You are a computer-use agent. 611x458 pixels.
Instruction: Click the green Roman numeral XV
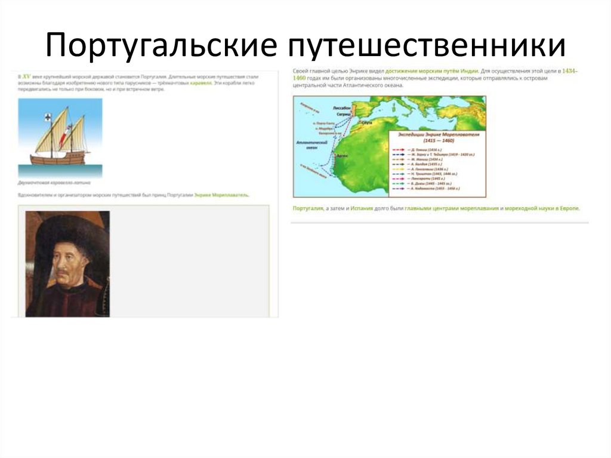(x=26, y=77)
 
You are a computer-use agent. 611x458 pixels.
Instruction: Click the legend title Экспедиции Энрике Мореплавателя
(x=436, y=135)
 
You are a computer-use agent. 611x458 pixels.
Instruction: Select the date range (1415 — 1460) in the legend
(x=436, y=141)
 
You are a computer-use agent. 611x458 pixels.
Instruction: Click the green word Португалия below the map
(x=307, y=208)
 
